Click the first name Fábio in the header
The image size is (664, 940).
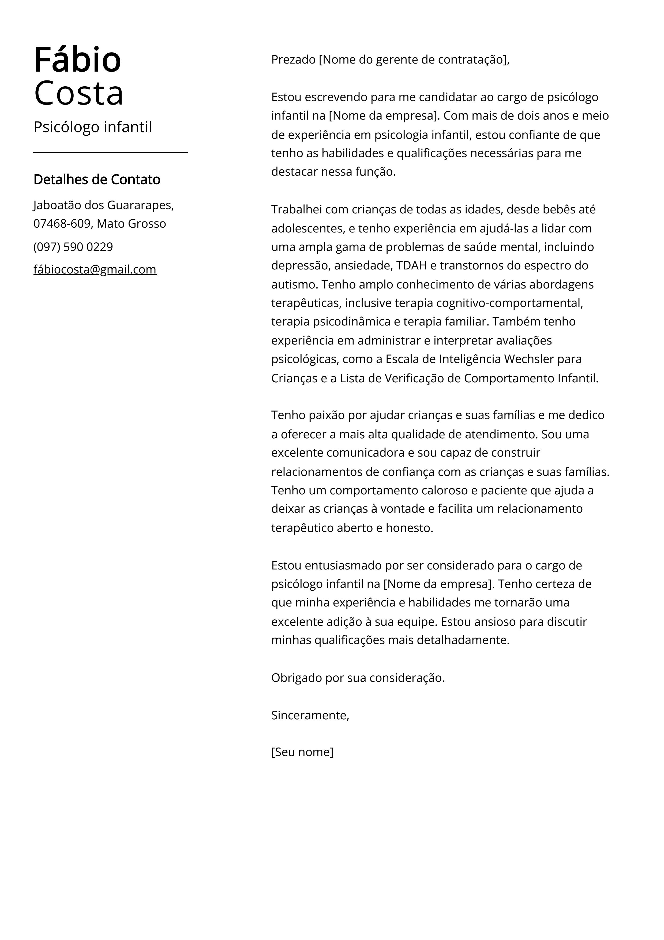point(77,60)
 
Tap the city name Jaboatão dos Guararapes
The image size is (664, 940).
point(103,205)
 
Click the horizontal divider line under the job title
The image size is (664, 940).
point(110,152)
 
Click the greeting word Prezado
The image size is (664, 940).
point(293,60)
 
